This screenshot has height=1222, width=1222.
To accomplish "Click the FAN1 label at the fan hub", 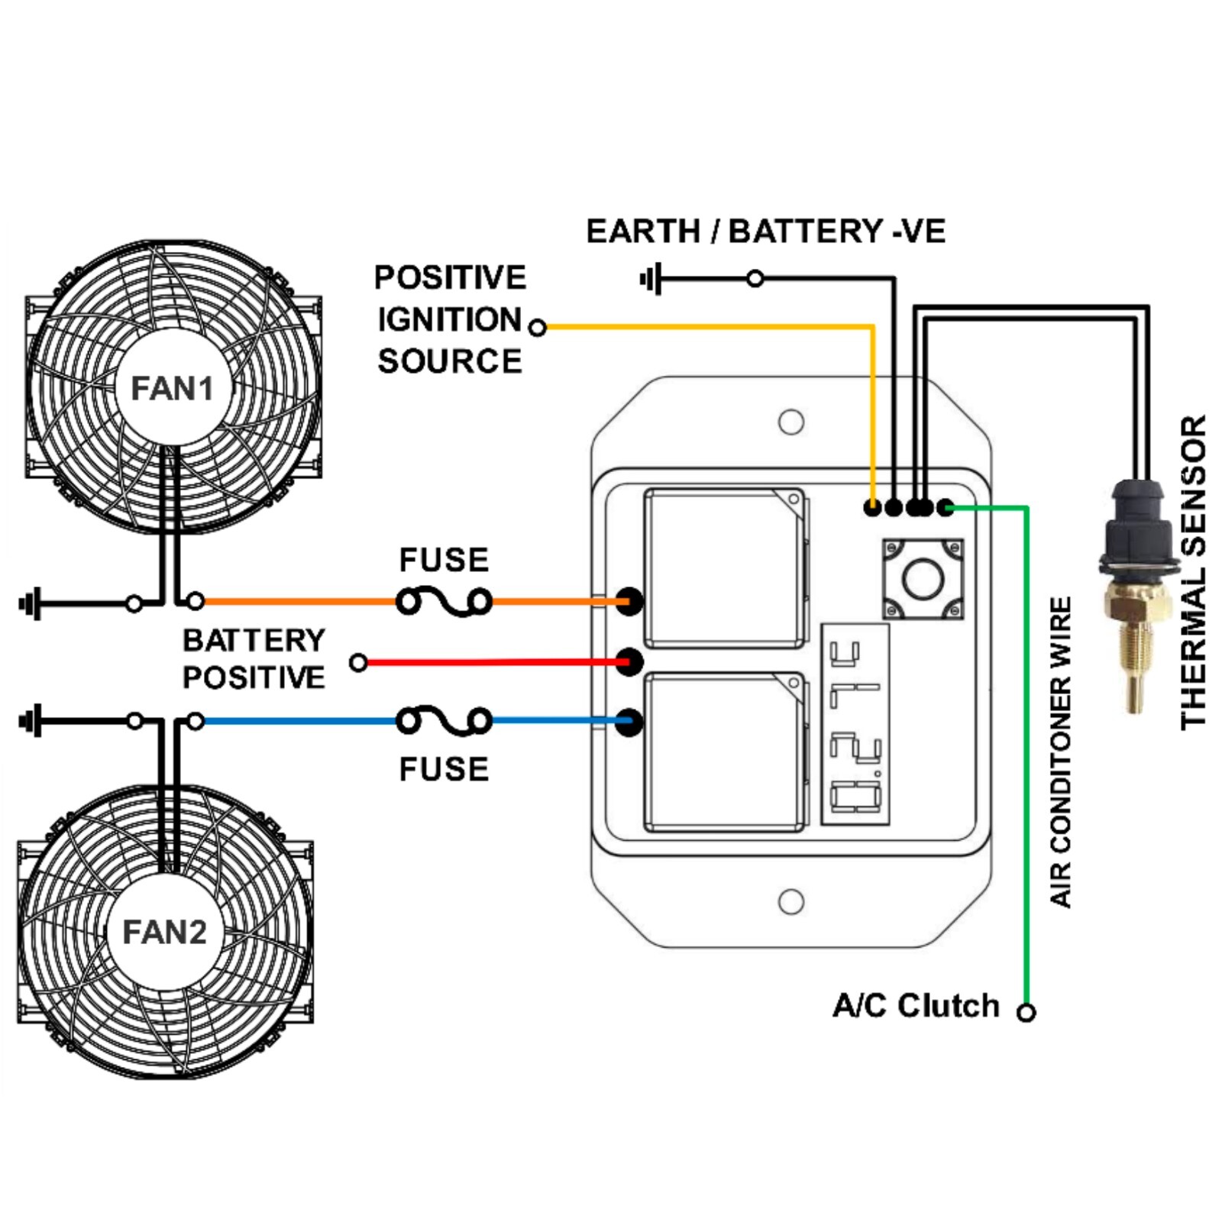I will pyautogui.click(x=172, y=388).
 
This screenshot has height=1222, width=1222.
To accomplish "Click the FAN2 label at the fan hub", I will pyautogui.click(x=164, y=932).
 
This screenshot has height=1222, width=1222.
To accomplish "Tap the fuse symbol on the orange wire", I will pyautogui.click(x=444, y=602).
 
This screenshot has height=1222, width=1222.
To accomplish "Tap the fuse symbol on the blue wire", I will pyautogui.click(x=444, y=721).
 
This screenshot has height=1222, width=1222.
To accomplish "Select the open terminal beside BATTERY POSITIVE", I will pyautogui.click(x=358, y=662).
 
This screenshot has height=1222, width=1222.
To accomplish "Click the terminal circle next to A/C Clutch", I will pyautogui.click(x=1026, y=1012).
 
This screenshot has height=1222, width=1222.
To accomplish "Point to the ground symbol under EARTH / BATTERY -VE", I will pyautogui.click(x=651, y=279).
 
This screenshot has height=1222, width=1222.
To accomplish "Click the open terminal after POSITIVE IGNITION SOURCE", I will pyautogui.click(x=538, y=328).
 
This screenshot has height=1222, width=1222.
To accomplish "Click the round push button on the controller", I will pyautogui.click(x=923, y=578).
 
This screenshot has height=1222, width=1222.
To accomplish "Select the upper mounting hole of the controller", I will pyautogui.click(x=790, y=422).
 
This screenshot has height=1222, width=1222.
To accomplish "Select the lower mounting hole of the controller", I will pyautogui.click(x=790, y=901).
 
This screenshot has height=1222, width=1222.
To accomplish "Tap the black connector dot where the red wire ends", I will pyautogui.click(x=629, y=661).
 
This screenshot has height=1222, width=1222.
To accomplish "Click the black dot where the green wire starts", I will pyautogui.click(x=946, y=507).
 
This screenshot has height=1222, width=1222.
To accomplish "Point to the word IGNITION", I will pyautogui.click(x=449, y=320).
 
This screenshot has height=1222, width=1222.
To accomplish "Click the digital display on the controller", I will pyautogui.click(x=855, y=724).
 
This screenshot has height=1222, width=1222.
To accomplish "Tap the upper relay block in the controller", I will pyautogui.click(x=723, y=567).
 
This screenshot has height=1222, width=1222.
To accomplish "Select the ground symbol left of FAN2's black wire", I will pyautogui.click(x=31, y=720).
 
